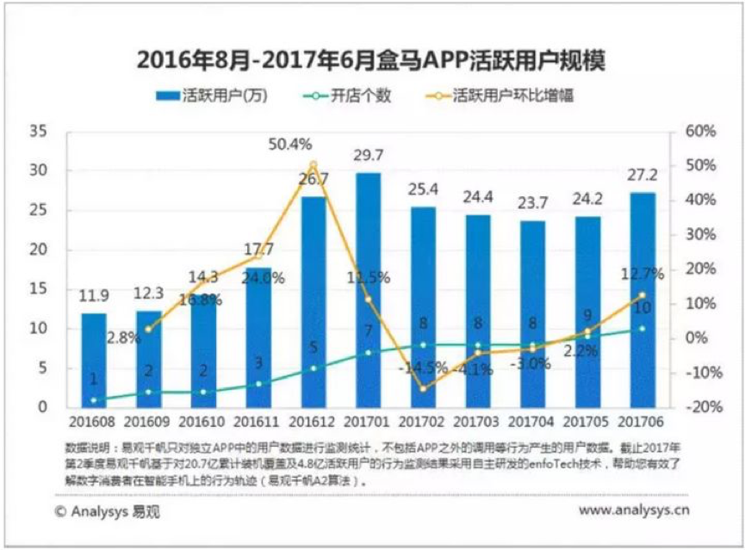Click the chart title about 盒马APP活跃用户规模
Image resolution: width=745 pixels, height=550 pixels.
[372, 61]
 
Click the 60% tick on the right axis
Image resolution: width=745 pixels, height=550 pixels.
[699, 132]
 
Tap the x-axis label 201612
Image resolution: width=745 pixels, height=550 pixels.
[314, 423]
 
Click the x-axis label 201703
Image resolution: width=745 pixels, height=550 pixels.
[478, 423]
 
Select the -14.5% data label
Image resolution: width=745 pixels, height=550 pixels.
[422, 368]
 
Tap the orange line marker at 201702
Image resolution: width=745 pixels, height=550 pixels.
[423, 388]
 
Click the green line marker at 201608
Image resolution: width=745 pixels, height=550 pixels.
[93, 400]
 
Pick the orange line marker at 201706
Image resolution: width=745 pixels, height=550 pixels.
[643, 295]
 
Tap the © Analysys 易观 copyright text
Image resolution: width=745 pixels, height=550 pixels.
[106, 510]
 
